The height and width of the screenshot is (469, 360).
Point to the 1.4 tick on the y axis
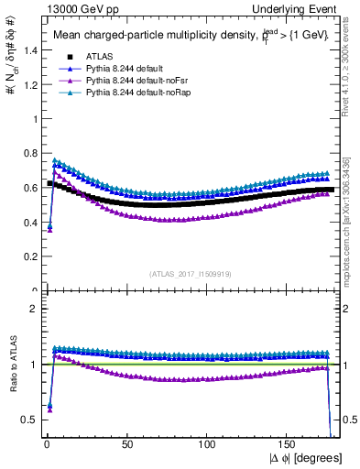(x=27, y=49)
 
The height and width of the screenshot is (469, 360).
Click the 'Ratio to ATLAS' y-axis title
(x=11, y=366)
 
